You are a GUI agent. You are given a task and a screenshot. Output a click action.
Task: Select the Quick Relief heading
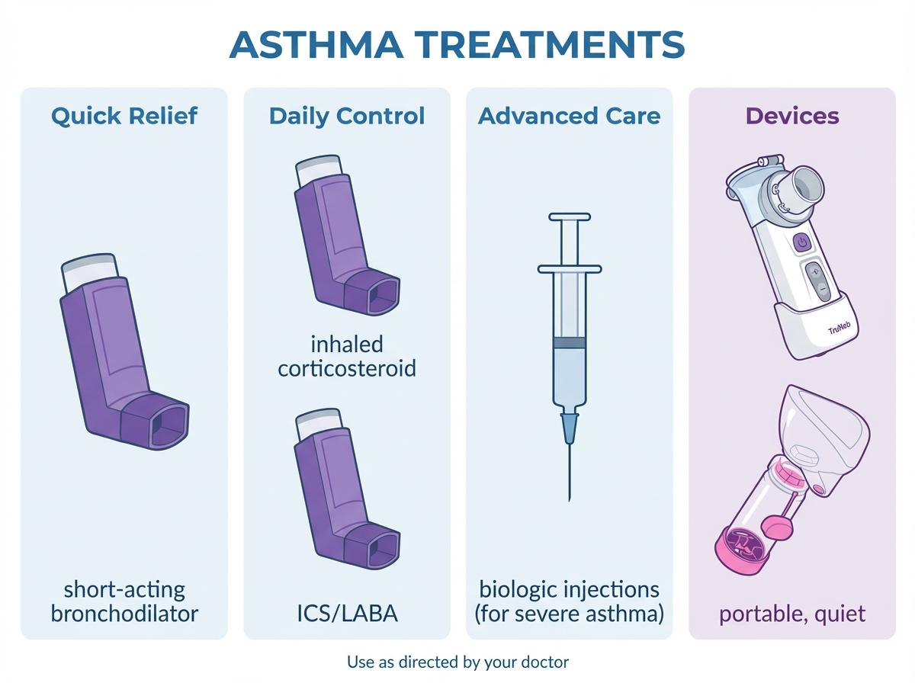pos(124,117)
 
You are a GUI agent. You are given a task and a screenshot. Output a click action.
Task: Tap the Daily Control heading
pos(347,117)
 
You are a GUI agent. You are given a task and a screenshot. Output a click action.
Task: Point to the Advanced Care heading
pos(570,117)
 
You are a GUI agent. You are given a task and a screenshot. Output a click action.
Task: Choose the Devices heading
pos(792,117)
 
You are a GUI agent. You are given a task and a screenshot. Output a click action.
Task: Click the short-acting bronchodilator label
pos(124,601)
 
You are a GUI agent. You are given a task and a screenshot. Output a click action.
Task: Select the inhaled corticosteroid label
pos(347,357)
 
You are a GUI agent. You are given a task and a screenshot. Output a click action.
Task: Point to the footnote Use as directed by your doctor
pos(457,662)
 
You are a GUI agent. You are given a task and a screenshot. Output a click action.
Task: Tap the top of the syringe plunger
pos(570,217)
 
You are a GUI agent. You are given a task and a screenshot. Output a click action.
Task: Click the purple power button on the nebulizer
pos(801,242)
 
